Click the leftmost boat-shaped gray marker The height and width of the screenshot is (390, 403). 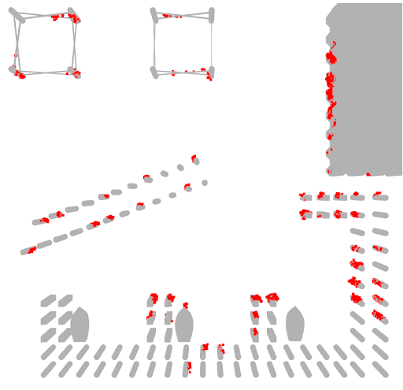(x=79, y=325)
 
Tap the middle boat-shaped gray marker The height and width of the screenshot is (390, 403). (x=184, y=325)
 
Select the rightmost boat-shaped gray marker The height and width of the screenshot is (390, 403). (x=295, y=325)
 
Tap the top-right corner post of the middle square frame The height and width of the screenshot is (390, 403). (x=211, y=14)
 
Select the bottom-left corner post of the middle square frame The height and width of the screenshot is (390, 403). (x=155, y=72)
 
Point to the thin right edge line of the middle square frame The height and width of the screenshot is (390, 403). (x=212, y=43)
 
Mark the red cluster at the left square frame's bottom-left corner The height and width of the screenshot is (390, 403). (x=19, y=75)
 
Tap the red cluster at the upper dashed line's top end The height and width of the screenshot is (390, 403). (x=194, y=158)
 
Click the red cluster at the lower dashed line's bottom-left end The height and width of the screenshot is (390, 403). (x=31, y=251)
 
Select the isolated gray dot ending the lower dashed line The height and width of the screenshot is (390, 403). (x=205, y=183)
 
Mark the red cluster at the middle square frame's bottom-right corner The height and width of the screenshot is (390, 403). (x=206, y=72)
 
